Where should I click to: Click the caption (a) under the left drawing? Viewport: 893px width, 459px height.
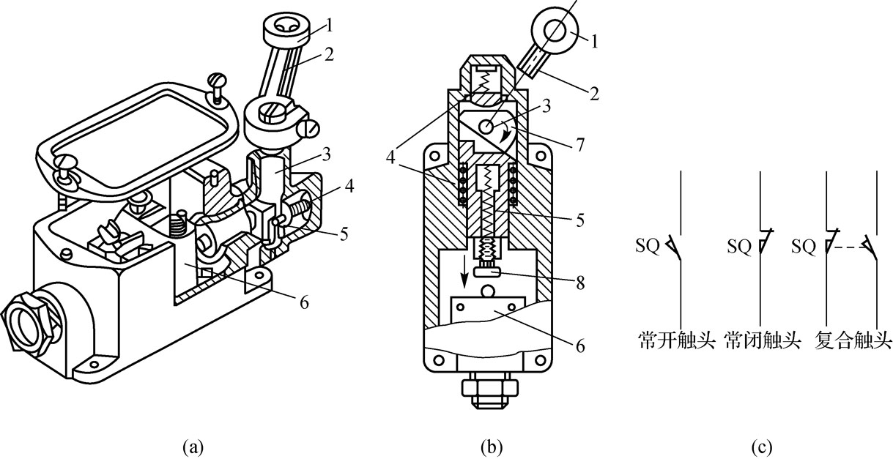pos(193,447)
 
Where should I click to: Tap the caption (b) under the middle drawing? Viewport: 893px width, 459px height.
pos(492,447)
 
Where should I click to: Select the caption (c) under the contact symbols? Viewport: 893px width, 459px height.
pos(762,447)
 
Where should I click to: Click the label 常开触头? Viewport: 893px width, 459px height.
pos(676,340)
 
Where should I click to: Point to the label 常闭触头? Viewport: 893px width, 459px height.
pos(763,340)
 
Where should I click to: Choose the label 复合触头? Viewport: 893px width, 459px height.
pos(852,340)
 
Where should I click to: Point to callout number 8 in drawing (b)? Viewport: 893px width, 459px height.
pos(580,283)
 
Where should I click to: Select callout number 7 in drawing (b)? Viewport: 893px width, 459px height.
pos(580,144)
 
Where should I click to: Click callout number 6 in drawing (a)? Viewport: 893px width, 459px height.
pos(304,303)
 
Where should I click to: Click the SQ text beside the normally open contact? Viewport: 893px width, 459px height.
pos(648,246)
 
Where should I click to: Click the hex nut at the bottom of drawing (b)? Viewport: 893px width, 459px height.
pos(490,388)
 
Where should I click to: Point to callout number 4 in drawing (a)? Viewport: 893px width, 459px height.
pos(349,186)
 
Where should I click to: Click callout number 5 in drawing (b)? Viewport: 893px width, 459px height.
pos(580,220)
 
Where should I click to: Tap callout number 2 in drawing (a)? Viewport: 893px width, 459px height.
pos(329,54)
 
